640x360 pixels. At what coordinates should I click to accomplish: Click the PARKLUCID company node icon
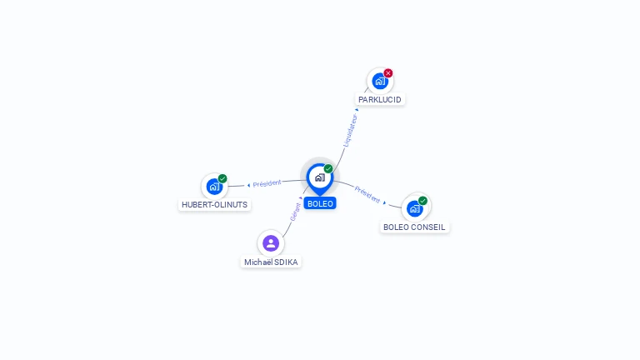380,82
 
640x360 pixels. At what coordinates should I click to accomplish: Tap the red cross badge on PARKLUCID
388,73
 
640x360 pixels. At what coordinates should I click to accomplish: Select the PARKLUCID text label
380,100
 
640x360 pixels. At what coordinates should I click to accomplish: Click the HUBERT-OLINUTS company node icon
214,187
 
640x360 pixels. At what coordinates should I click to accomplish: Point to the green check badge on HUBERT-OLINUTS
222,178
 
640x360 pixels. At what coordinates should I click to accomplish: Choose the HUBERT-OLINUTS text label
215,205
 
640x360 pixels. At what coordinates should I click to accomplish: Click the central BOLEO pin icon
319,177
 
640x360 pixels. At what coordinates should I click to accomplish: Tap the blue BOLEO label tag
320,203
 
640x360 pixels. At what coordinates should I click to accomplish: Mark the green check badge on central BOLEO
328,169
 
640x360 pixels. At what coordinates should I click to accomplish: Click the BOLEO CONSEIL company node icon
415,208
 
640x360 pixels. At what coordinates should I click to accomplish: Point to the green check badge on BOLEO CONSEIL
423,201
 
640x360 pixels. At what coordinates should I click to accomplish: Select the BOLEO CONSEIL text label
415,227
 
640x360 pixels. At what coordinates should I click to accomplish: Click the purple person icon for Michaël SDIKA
271,243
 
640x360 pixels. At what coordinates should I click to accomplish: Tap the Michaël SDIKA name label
271,262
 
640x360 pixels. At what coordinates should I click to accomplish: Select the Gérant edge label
296,212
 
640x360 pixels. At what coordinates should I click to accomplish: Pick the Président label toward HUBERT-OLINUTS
267,183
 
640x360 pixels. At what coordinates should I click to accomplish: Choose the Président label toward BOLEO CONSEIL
367,194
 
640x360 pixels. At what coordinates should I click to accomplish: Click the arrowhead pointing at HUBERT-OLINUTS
248,185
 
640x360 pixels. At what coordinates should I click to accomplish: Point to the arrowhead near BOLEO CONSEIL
385,202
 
